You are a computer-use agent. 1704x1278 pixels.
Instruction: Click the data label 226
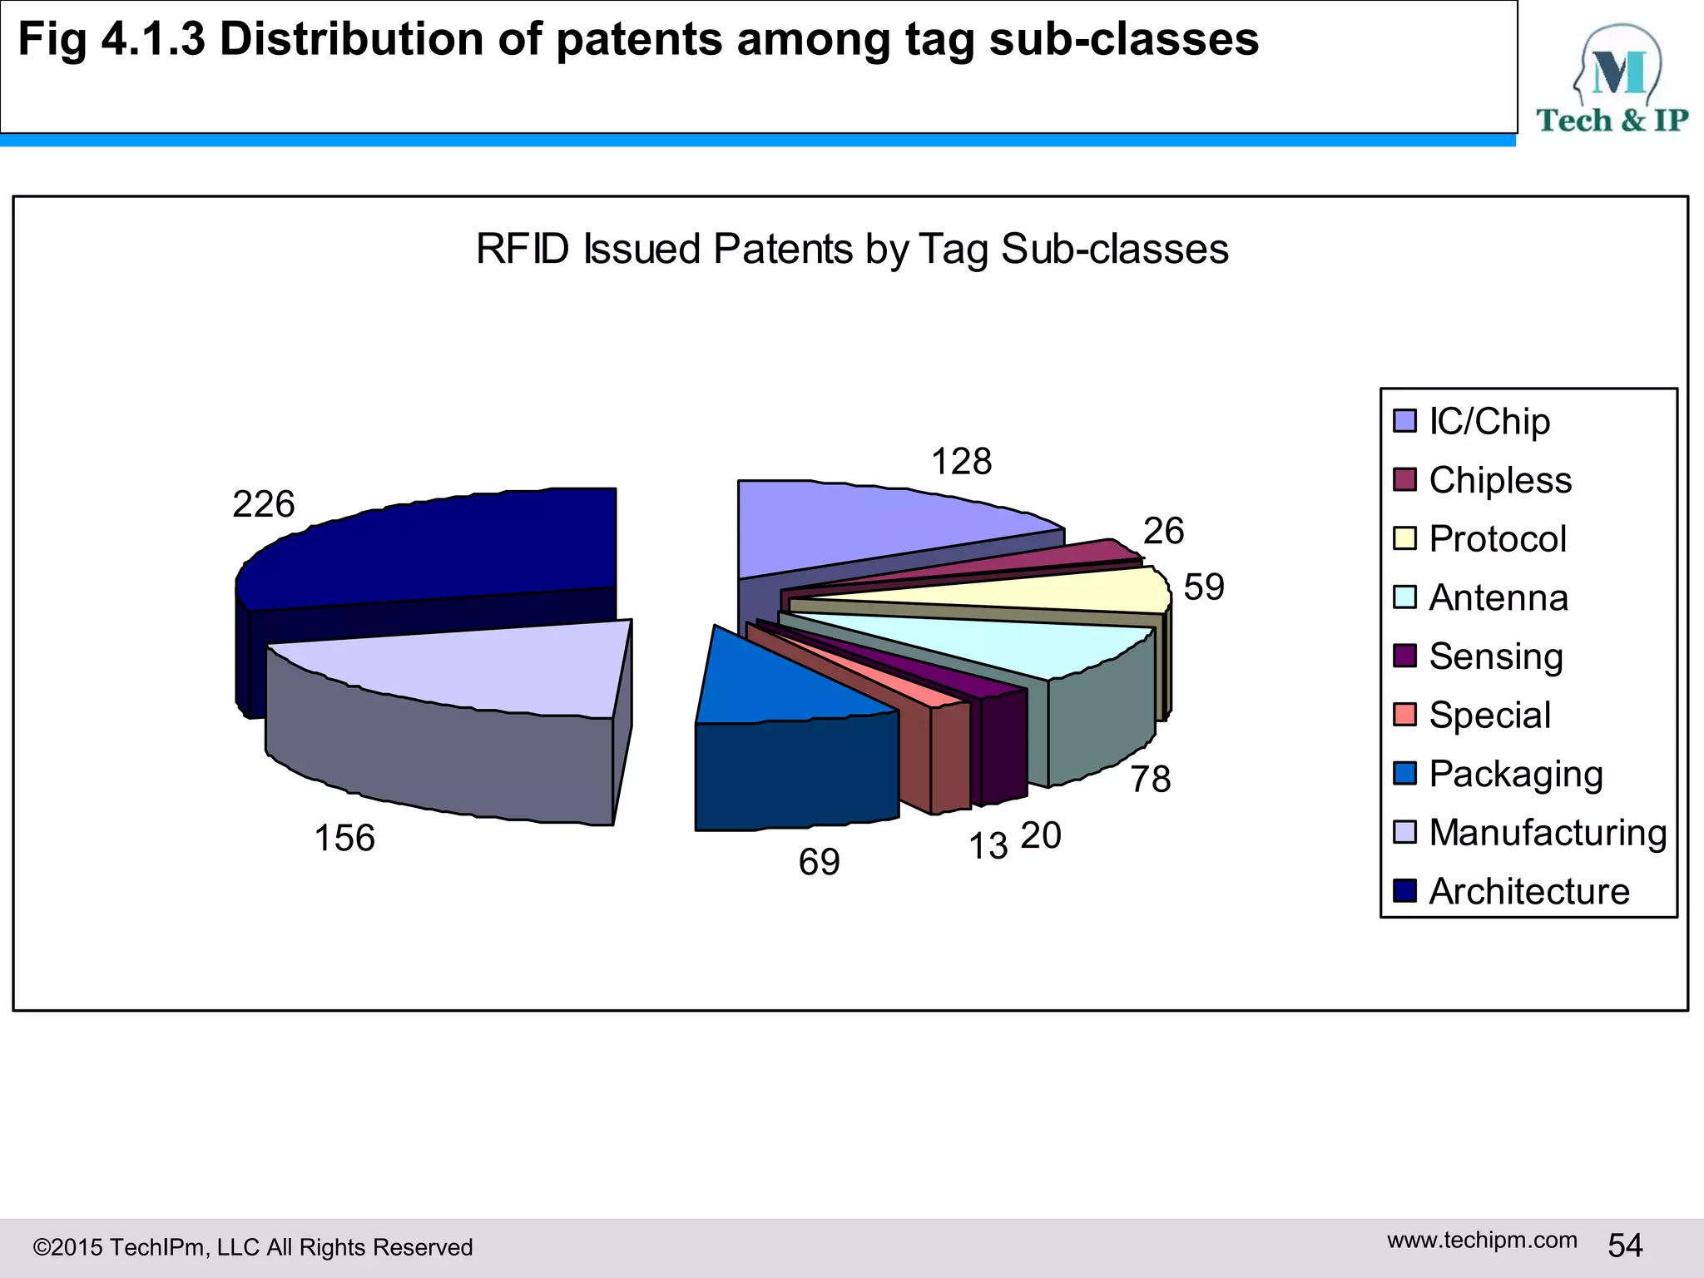click(264, 504)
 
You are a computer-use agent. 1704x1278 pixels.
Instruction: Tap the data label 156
click(344, 838)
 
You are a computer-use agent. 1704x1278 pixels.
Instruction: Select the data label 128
click(961, 462)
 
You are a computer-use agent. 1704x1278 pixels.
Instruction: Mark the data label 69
click(819, 862)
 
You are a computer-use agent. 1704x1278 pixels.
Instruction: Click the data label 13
click(988, 847)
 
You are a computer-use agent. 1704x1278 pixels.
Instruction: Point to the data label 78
click(1151, 780)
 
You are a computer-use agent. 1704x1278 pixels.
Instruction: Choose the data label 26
click(1163, 531)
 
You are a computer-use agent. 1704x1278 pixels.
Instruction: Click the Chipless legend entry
click(1499, 480)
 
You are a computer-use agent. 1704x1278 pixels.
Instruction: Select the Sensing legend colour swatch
click(1404, 656)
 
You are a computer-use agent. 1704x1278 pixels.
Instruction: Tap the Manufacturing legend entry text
click(1548, 833)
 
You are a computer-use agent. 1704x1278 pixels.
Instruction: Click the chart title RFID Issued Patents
click(852, 249)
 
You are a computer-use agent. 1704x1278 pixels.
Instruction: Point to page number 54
click(1625, 1246)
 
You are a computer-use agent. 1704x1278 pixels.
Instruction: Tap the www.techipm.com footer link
click(1482, 1240)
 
